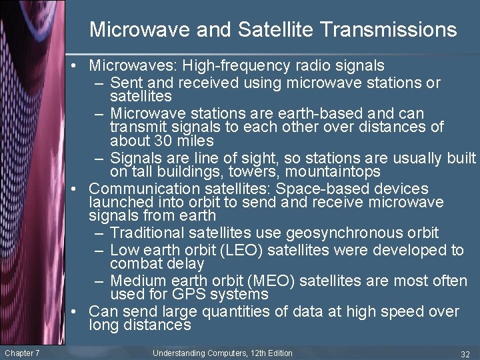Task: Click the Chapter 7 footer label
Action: coord(22,353)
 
